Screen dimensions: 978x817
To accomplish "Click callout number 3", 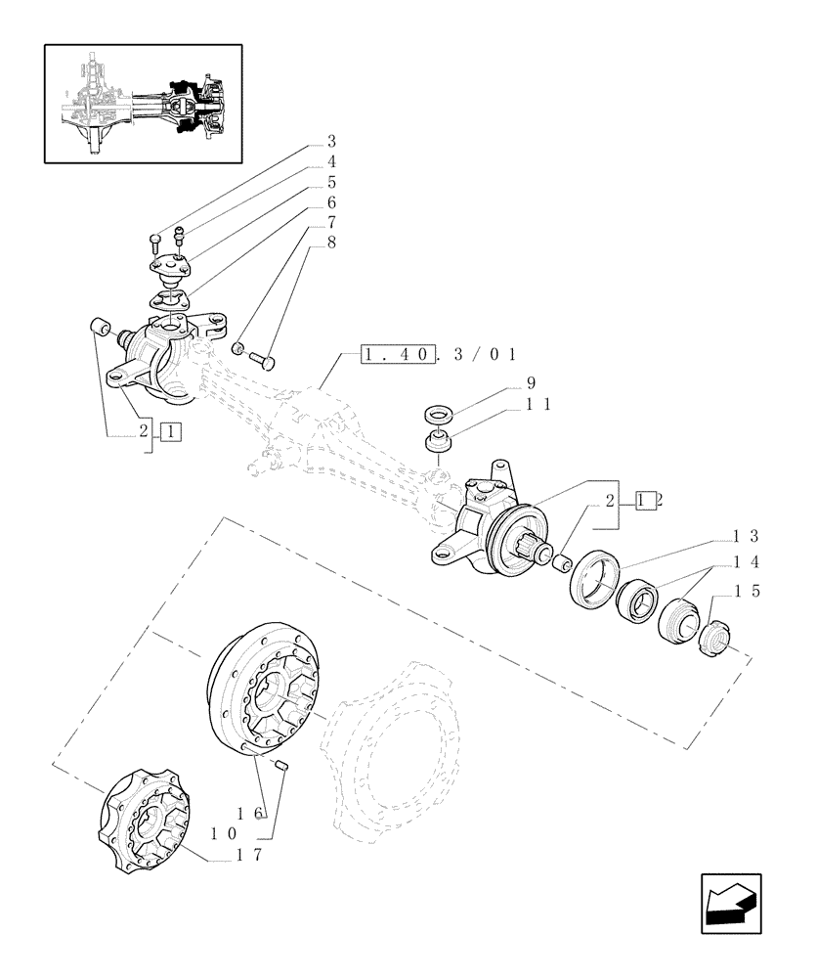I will point(331,140).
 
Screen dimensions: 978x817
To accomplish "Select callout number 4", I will point(331,161).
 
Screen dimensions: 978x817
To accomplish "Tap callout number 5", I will point(331,183).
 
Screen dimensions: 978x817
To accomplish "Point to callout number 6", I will point(331,204).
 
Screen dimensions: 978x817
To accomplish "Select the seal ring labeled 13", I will point(592,580).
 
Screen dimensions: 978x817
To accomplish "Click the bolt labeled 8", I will point(264,360).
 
